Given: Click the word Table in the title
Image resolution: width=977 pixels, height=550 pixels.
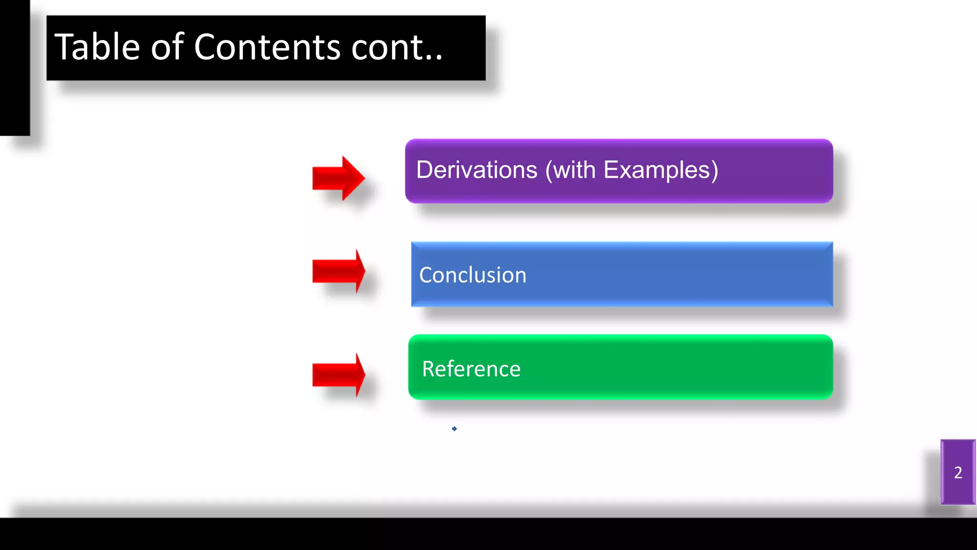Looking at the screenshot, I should pos(97,47).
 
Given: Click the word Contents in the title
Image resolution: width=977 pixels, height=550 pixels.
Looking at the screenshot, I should pos(267,47).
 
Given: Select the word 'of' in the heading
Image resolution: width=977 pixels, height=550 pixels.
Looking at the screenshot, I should pos(167,47).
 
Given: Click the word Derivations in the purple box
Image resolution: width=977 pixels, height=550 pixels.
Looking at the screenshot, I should pos(477,170).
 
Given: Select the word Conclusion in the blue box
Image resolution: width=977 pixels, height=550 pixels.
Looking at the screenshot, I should pos(472,275).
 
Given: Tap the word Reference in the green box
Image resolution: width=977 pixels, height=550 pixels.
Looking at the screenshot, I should pos(471,369).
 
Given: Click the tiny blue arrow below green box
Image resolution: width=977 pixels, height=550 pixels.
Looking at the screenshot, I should pos(454,429).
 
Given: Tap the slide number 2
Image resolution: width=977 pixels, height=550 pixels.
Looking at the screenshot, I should pos(958,473).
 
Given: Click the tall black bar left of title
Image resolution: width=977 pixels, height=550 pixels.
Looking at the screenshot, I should pos(14,67).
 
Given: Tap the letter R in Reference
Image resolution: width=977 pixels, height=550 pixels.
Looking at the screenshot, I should pos(428,369).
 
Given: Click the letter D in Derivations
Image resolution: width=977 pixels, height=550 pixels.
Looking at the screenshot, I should pos(425,170).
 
